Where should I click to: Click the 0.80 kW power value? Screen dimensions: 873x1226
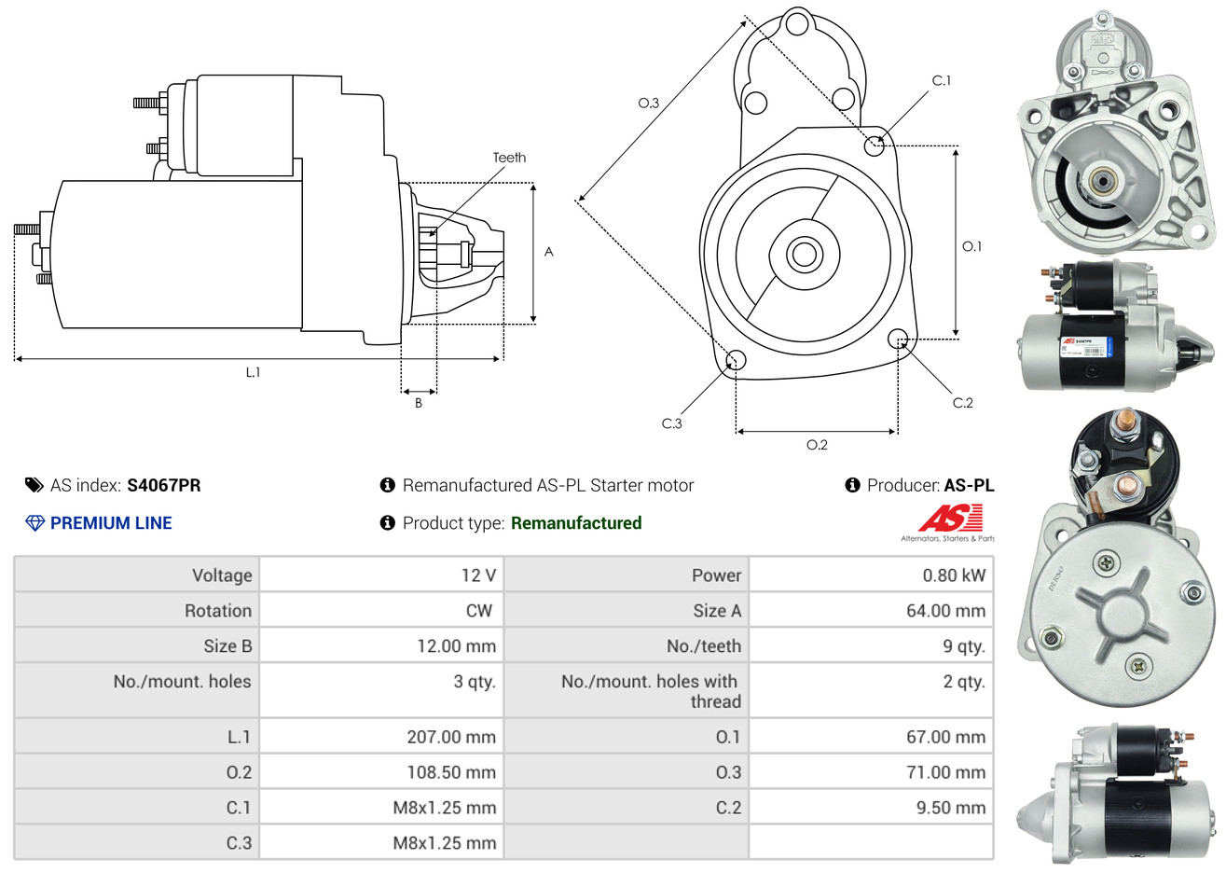[x=953, y=575]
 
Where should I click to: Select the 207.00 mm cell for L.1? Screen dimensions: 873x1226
[x=451, y=737]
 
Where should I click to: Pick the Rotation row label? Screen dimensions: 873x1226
[x=218, y=611]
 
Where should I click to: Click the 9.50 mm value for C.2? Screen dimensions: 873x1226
[x=950, y=808]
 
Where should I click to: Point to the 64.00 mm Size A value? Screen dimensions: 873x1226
[x=945, y=611]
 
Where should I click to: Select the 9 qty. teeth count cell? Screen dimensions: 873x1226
[x=963, y=646]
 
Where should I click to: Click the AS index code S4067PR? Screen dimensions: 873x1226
[x=164, y=485]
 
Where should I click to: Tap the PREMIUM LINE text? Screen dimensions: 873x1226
[x=111, y=523]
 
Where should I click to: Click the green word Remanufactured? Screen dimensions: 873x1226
[x=576, y=523]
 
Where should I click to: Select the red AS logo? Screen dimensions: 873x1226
[x=950, y=518]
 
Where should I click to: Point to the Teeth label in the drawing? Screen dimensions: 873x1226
[x=509, y=158]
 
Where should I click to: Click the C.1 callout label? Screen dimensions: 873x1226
[x=942, y=81]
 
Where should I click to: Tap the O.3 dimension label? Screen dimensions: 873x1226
[x=649, y=103]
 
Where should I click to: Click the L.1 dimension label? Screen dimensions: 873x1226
[x=253, y=372]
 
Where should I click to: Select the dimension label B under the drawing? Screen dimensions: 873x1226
[x=419, y=403]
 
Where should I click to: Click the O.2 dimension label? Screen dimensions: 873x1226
[x=817, y=445]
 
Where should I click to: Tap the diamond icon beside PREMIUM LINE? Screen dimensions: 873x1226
[x=34, y=523]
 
